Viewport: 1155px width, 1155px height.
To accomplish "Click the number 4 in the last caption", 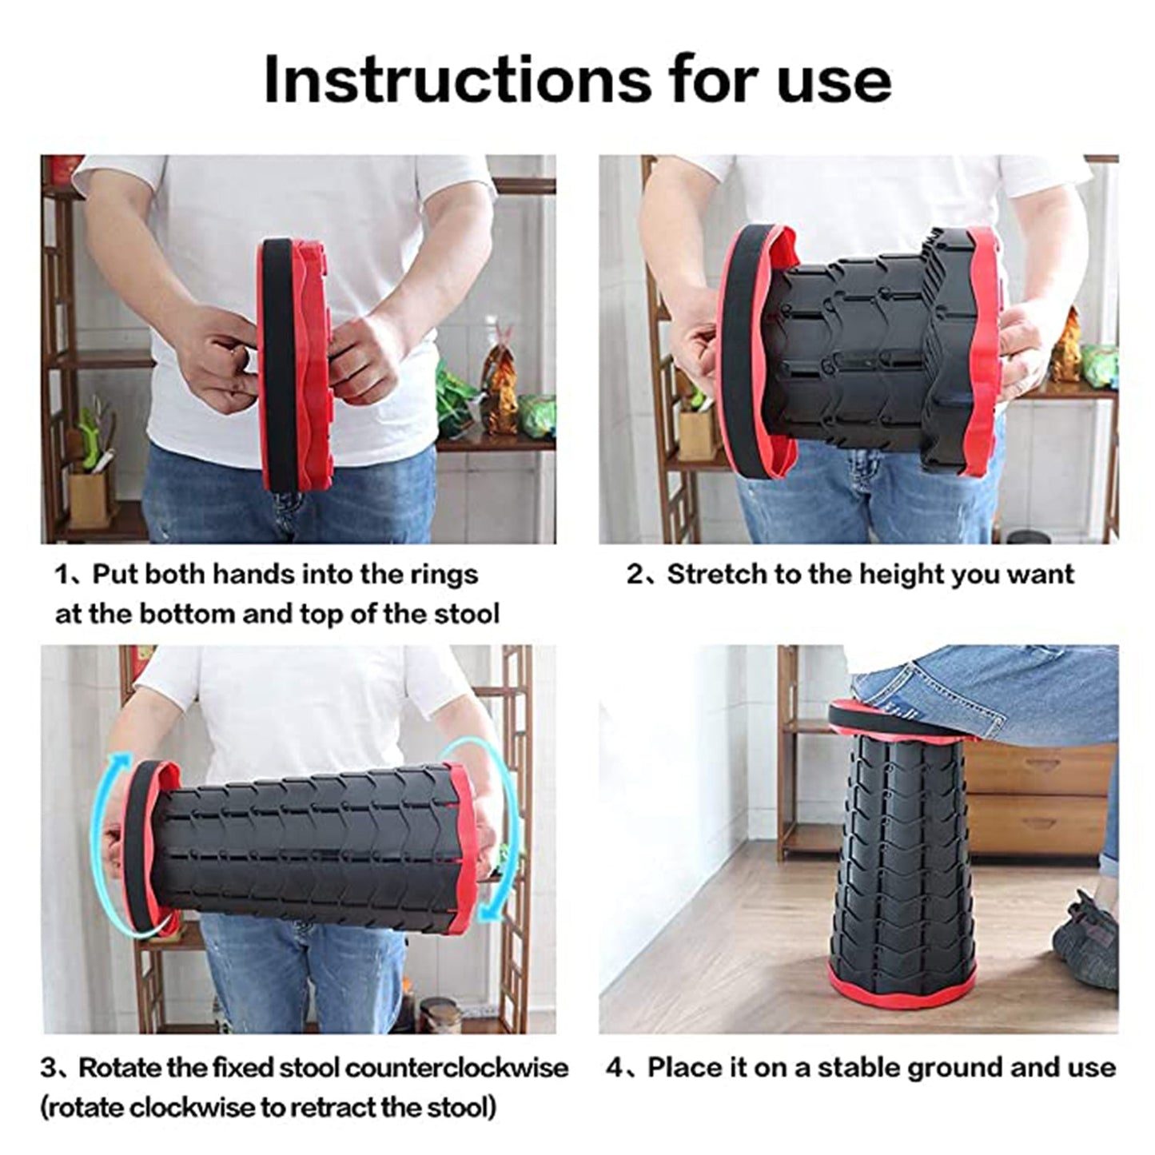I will (x=614, y=1068).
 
